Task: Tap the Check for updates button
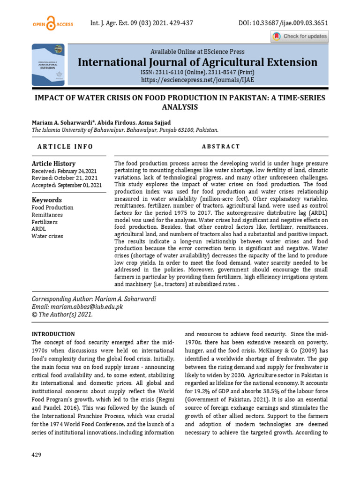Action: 300,37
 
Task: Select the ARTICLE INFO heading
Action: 65,147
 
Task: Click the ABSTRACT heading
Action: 221,147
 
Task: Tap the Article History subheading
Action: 53,164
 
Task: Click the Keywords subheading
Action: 46,200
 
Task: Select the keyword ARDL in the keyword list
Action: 39,229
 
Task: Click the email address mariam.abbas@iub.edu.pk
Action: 87,307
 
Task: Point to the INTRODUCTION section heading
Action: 53,334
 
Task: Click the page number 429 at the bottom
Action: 36,455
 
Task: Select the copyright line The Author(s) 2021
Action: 62,315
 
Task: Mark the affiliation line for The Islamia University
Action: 125,131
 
